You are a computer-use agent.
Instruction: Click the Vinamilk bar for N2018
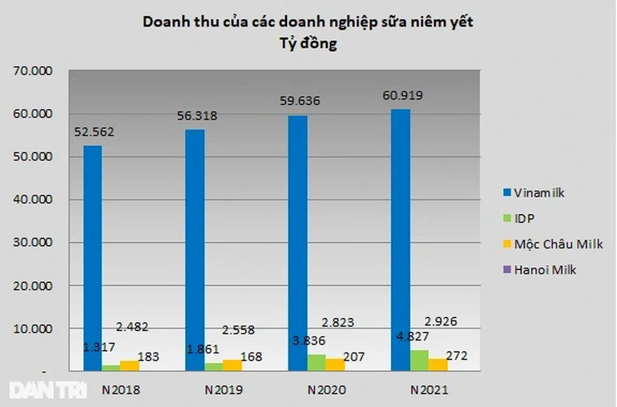tap(93, 256)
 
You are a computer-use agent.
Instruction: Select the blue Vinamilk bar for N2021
tap(401, 240)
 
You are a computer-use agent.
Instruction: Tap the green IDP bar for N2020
tap(316, 362)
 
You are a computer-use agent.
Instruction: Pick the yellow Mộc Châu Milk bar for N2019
tap(232, 365)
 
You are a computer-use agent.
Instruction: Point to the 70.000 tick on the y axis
tap(34, 71)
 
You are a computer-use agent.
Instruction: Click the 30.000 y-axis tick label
tap(34, 243)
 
